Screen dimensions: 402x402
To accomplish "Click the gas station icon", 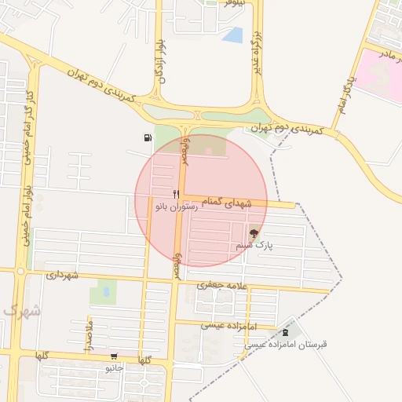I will coord(148,138).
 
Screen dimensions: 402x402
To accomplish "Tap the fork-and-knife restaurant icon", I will coord(176,193).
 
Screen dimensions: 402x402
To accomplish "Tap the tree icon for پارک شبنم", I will coord(254,233).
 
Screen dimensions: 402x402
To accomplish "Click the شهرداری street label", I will coord(64,276).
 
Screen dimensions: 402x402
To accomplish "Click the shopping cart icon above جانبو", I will coord(115,356).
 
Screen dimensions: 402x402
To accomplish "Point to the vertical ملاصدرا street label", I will coord(89,334).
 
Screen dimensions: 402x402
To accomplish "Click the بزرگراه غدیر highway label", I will coord(256,52).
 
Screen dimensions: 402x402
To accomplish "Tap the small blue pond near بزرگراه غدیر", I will coord(232,35).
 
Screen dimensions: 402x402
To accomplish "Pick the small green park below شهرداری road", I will coord(102,293).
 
